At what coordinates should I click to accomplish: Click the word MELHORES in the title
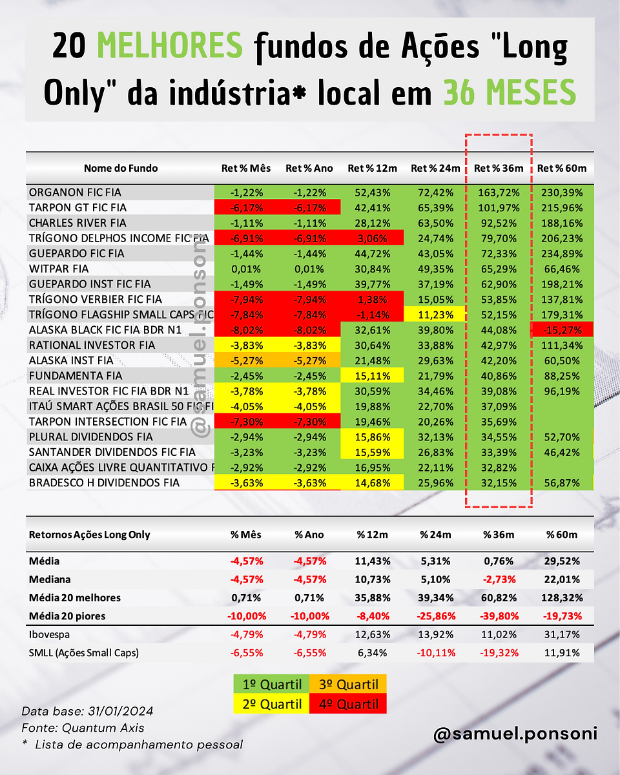[x=170, y=45]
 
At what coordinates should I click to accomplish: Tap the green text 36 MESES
[x=510, y=92]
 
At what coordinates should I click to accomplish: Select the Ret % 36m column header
[x=499, y=168]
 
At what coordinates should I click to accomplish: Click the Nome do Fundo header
[x=121, y=168]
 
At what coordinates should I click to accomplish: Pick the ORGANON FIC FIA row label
[x=75, y=192]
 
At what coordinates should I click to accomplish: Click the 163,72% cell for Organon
[x=499, y=192]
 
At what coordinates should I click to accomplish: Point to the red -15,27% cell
[x=562, y=330]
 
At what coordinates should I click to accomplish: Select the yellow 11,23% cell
[x=435, y=315]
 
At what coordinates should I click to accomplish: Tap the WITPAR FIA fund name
[x=59, y=269]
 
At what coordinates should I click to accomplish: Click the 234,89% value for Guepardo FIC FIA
[x=562, y=254]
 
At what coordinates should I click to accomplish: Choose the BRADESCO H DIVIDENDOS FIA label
[x=104, y=483]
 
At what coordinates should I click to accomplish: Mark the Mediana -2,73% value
[x=499, y=579]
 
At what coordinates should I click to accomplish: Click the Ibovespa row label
[x=49, y=635]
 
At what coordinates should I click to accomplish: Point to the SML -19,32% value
[x=499, y=653]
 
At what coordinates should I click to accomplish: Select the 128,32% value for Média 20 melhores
[x=562, y=598]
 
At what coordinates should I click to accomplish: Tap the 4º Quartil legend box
[x=348, y=704]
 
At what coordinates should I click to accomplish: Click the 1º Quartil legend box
[x=272, y=684]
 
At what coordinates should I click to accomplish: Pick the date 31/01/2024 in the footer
[x=120, y=711]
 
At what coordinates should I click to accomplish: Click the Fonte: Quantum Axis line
[x=83, y=728]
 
